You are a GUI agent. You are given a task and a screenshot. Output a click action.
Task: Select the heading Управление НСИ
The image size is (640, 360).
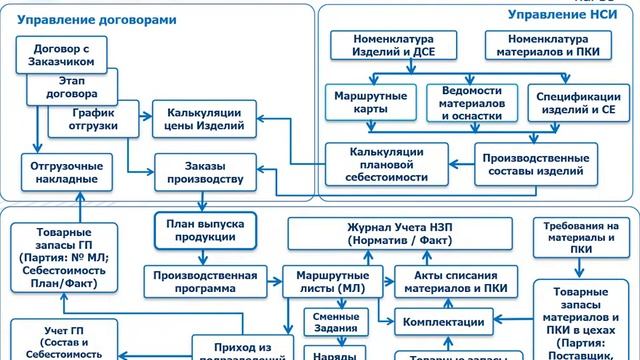(x=566, y=15)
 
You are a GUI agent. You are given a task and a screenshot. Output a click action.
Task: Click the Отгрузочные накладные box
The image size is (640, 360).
(x=62, y=171)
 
